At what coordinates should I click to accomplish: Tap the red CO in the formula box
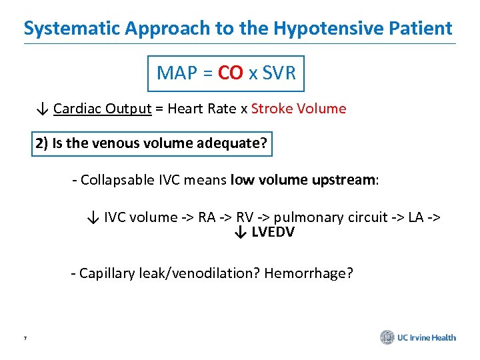click(x=230, y=73)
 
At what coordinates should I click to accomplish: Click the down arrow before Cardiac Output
click(x=43, y=109)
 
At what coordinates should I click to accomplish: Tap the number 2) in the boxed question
click(x=42, y=144)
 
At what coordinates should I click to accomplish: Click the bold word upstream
click(x=345, y=180)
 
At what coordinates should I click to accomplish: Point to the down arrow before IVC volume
click(x=93, y=217)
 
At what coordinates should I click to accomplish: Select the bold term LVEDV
click(x=273, y=232)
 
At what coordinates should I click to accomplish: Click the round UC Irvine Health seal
click(x=387, y=337)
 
